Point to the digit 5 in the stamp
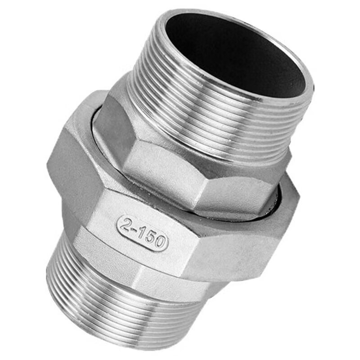click(x=151, y=238)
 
